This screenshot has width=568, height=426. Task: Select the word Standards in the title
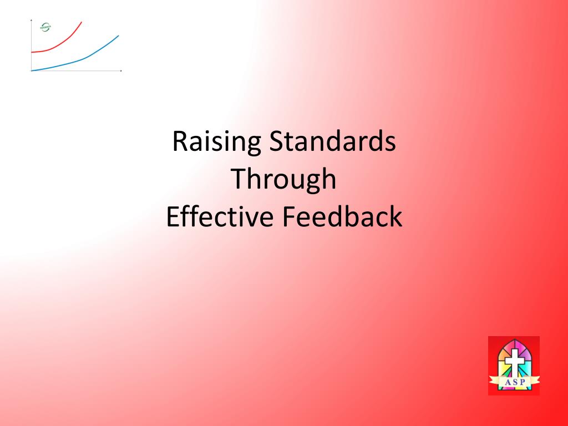(x=332, y=142)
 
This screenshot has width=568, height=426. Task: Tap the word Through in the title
(x=283, y=179)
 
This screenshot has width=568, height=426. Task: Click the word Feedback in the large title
(x=342, y=216)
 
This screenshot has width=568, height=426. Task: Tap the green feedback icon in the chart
(x=45, y=27)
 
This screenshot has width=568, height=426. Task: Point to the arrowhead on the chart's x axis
(x=120, y=71)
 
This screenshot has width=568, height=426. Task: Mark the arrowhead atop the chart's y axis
(x=32, y=21)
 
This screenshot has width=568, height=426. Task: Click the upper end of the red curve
(x=81, y=22)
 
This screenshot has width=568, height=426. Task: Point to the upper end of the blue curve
(x=118, y=35)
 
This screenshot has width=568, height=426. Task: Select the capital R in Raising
(x=179, y=142)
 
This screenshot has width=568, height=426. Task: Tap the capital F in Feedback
(x=288, y=216)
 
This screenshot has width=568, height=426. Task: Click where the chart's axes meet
(x=32, y=71)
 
